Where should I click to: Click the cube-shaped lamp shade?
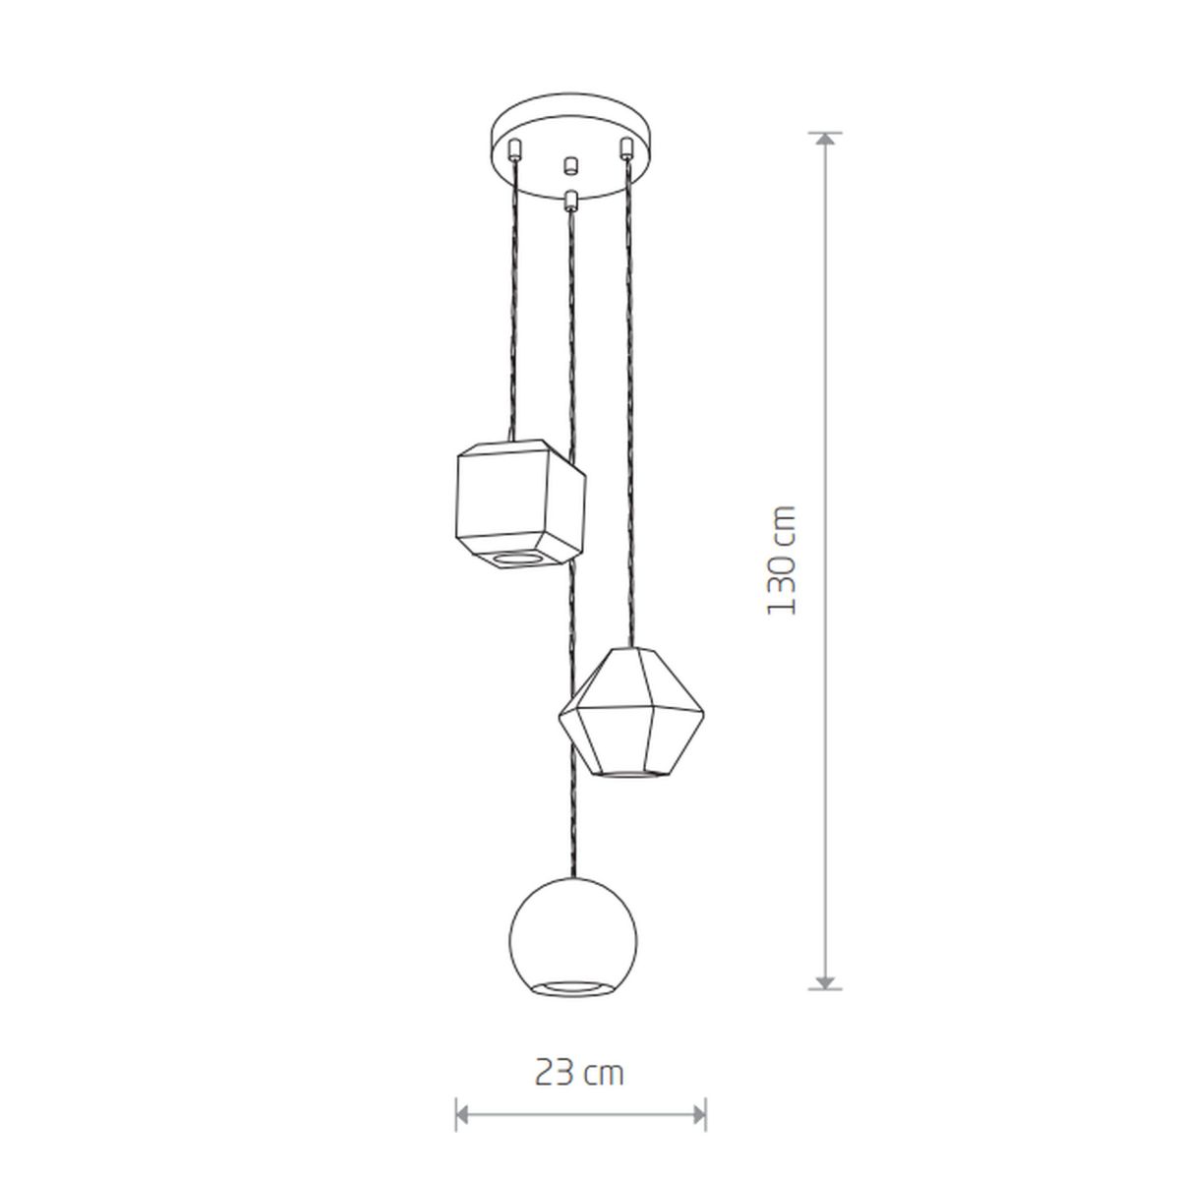(520, 503)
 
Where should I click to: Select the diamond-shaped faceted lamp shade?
(631, 712)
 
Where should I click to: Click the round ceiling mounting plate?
(573, 147)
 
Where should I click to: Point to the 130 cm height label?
(782, 560)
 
